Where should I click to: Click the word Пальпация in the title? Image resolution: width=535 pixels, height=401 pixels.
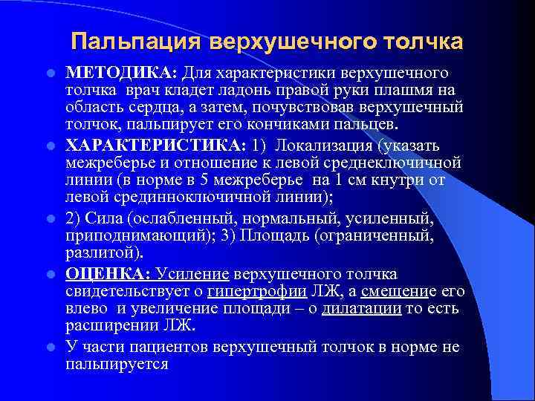[132, 41]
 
